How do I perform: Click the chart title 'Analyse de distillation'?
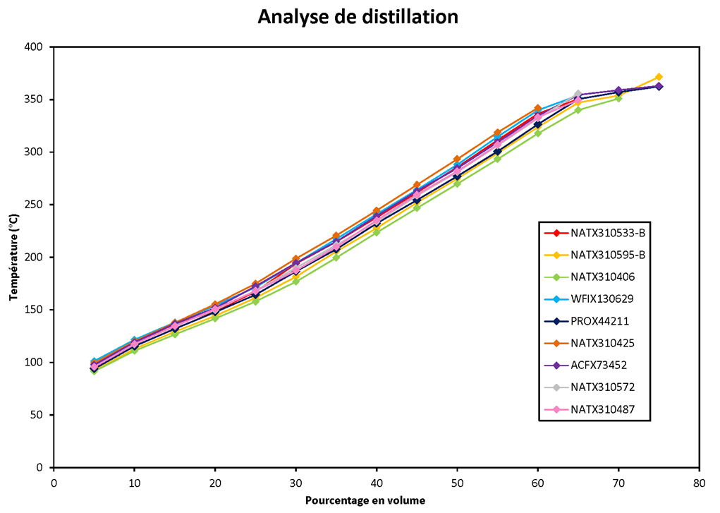pyautogui.click(x=358, y=16)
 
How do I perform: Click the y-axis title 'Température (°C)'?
pyautogui.click(x=13, y=257)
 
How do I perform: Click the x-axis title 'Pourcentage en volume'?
pyautogui.click(x=365, y=500)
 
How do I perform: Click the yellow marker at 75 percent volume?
pyautogui.click(x=659, y=77)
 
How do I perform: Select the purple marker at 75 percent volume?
pyautogui.click(x=659, y=86)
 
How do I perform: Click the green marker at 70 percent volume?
pyautogui.click(x=618, y=98)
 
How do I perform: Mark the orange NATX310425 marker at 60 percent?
pyautogui.click(x=537, y=108)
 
